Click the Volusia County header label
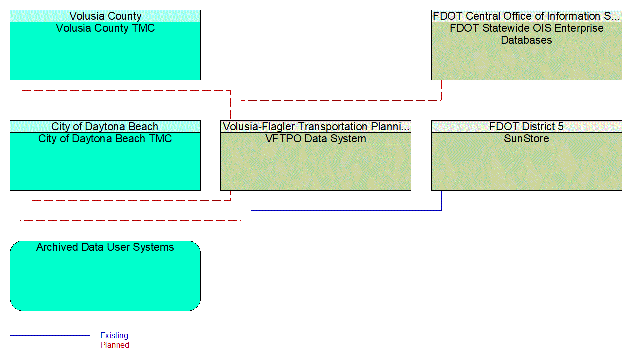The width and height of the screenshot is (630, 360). tap(105, 16)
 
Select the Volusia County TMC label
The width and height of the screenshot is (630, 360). tap(105, 28)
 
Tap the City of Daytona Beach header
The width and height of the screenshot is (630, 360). tap(105, 127)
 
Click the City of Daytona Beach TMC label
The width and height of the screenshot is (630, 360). tap(105, 139)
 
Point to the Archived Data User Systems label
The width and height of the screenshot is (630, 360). tap(105, 247)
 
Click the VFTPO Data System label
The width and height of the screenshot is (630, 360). tap(316, 139)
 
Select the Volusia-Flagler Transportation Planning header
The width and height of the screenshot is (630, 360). tap(316, 127)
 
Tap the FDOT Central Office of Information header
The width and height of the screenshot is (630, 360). tap(527, 16)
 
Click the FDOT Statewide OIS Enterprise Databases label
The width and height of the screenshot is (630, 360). tap(527, 34)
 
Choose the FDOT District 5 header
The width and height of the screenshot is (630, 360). tap(527, 127)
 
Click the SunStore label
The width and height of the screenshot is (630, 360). tap(527, 139)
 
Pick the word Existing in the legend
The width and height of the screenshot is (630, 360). tap(114, 336)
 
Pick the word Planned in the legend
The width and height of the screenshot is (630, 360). tap(115, 345)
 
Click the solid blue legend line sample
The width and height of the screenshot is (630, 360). tap(50, 336)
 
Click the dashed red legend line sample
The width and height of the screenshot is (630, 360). tap(50, 345)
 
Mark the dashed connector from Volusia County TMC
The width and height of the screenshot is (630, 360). tap(125, 90)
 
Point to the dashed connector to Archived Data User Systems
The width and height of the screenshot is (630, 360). tap(130, 220)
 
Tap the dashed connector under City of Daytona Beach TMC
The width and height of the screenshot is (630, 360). tap(130, 200)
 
